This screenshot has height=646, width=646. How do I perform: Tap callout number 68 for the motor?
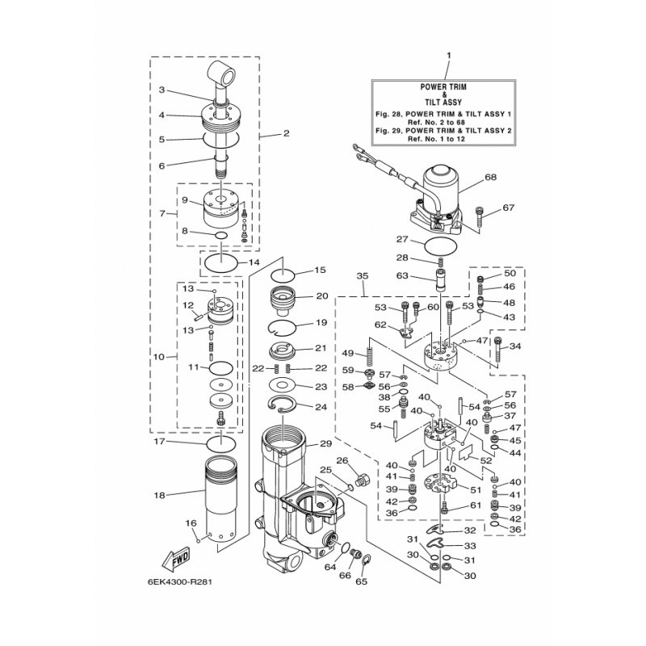(x=491, y=177)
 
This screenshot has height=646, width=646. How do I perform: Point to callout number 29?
(x=326, y=443)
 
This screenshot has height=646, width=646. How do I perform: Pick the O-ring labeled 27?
(x=440, y=247)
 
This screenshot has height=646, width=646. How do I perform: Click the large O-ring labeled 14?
(x=221, y=262)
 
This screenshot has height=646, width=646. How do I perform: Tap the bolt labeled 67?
(x=480, y=216)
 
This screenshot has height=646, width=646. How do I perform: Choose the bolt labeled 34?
(x=498, y=350)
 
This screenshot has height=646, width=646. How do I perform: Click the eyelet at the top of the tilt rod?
(x=223, y=71)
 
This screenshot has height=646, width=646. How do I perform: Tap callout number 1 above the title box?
(x=449, y=55)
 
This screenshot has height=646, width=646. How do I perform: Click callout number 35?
(x=363, y=276)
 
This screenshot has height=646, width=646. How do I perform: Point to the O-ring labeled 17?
(x=221, y=445)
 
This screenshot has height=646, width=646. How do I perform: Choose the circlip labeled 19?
(x=282, y=327)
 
